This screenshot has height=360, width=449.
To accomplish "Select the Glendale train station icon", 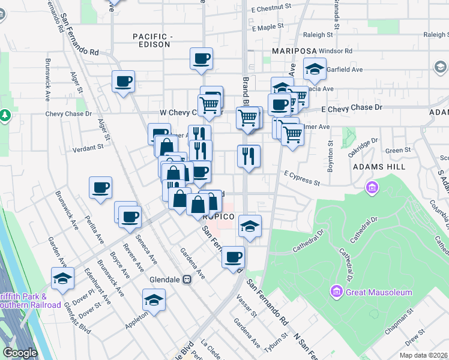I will click(x=187, y=278).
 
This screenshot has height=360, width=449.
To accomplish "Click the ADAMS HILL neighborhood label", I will click(x=376, y=166).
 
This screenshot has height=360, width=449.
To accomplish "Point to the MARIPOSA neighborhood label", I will click(x=294, y=51).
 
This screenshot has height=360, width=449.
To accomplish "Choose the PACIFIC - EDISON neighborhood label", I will click(x=153, y=42).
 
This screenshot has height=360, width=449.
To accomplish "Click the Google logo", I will click(x=19, y=352).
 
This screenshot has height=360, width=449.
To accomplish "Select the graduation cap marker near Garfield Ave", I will click(x=315, y=68).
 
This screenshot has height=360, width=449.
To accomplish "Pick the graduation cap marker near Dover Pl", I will click(x=62, y=278).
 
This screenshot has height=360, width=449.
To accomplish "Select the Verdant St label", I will click(x=88, y=148).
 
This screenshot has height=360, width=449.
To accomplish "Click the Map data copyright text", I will click(x=423, y=355).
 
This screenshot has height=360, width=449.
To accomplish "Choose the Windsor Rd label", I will click(x=333, y=51).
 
